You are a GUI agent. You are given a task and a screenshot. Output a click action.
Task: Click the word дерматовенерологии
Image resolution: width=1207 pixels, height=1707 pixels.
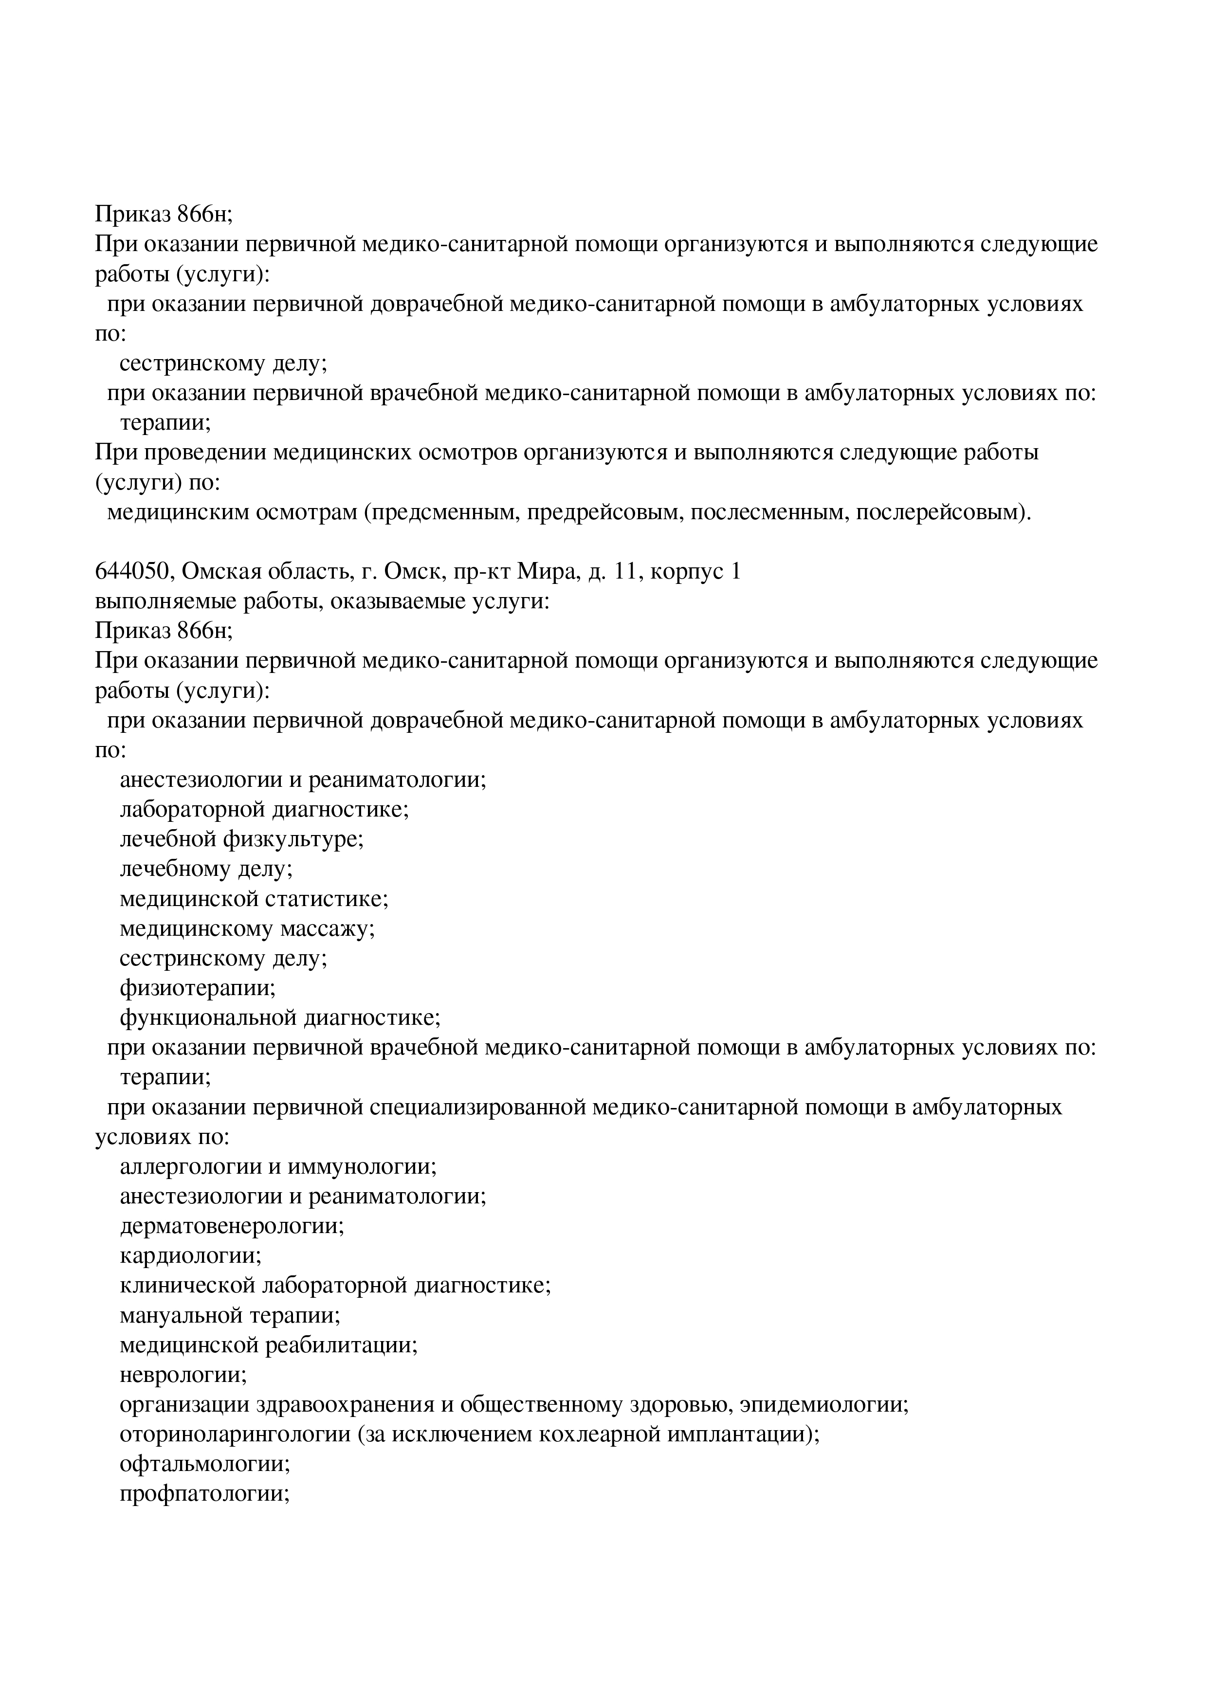coord(231,1226)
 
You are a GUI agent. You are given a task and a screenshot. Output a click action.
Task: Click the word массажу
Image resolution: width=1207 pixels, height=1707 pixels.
coord(327,928)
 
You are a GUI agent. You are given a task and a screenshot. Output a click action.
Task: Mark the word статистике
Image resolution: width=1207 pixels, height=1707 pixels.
coord(327,899)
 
